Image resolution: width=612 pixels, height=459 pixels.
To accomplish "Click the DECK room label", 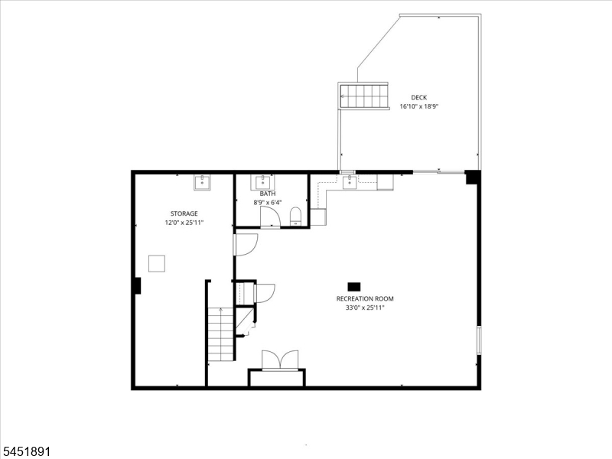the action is tap(418, 98).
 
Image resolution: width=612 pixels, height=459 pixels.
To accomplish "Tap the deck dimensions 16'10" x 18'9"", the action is tap(419, 106).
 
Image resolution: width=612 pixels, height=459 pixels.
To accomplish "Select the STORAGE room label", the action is tap(184, 213).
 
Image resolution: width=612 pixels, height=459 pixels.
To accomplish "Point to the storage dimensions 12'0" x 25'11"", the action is tap(184, 223).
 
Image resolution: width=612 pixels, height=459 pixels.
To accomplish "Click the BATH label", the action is tap(267, 194).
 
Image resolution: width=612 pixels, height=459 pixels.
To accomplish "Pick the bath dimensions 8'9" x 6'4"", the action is tap(267, 203).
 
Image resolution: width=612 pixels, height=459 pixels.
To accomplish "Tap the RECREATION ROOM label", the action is tap(365, 298).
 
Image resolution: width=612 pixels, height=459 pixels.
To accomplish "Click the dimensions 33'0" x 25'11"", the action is tap(365, 308).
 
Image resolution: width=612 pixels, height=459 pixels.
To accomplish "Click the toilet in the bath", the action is tap(295, 216).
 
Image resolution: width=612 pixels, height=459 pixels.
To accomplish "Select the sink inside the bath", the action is tap(262, 182).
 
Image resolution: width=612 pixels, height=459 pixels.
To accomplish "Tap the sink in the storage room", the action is tap(202, 182).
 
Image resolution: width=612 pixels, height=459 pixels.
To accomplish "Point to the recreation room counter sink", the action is tap(350, 182).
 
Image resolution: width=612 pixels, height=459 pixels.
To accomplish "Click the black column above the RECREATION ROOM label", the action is tap(354, 287).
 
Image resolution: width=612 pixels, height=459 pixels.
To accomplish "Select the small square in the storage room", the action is tap(157, 263).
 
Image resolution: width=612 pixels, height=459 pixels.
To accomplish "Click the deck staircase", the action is tap(363, 96).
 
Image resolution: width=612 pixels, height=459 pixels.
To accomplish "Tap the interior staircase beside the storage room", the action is tap(220, 334).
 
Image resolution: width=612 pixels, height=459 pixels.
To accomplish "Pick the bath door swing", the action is tap(270, 216).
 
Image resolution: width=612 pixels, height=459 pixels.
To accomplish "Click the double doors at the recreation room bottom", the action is tap(280, 360).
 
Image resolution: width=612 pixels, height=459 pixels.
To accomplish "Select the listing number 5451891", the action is tap(25, 451).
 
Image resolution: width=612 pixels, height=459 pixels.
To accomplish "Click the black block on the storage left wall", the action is tap(137, 285).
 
